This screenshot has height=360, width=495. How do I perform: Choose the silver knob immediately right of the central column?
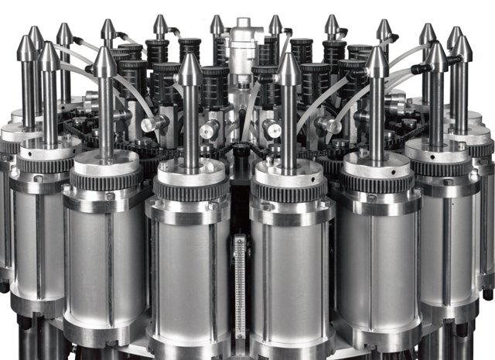pyautogui.click(x=271, y=128)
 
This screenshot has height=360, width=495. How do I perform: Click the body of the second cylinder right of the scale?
pyautogui.click(x=377, y=259)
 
